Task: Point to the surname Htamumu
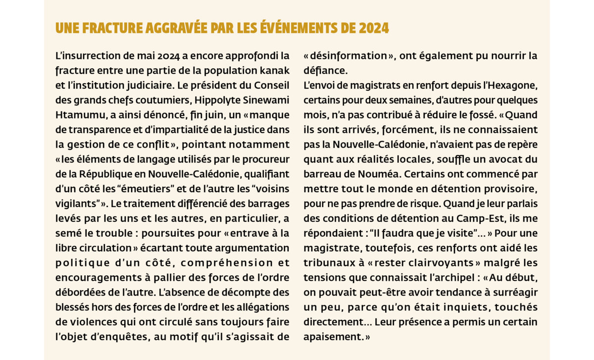tap(77, 115)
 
